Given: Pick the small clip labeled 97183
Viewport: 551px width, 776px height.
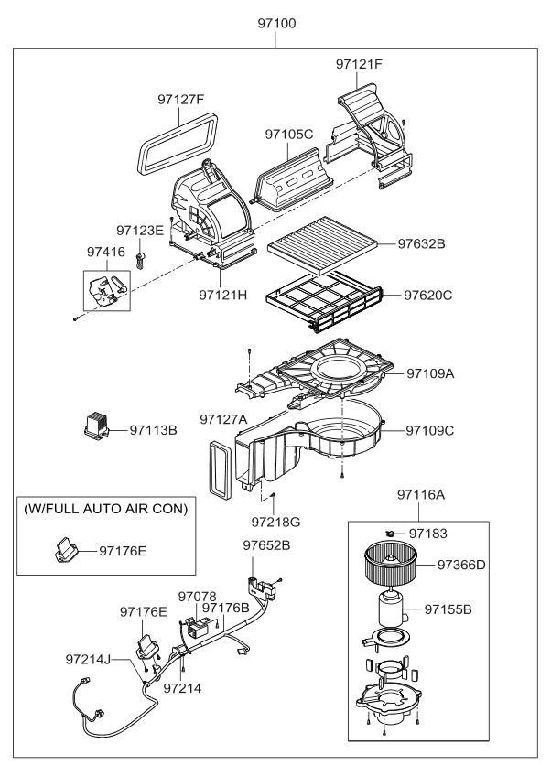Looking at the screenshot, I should (390, 532).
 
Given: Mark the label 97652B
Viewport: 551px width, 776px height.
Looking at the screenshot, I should (266, 545).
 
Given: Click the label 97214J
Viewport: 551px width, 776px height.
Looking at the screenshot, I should (90, 658).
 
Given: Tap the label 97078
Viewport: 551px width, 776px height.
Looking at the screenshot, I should (197, 595).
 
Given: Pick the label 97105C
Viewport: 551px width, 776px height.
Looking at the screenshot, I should (289, 135).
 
